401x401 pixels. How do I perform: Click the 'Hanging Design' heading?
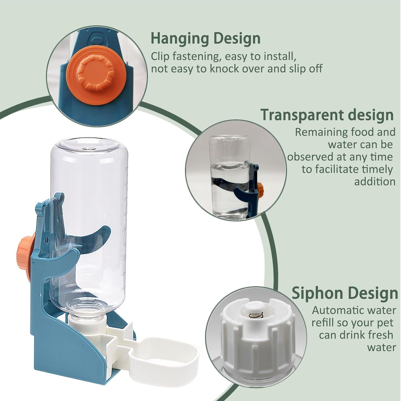tap(206, 39)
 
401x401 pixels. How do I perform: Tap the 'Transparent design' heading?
tap(327, 115)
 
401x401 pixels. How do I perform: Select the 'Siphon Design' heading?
tap(345, 293)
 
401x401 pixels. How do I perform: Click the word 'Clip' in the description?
tap(160, 56)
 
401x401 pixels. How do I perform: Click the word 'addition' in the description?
tap(375, 182)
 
